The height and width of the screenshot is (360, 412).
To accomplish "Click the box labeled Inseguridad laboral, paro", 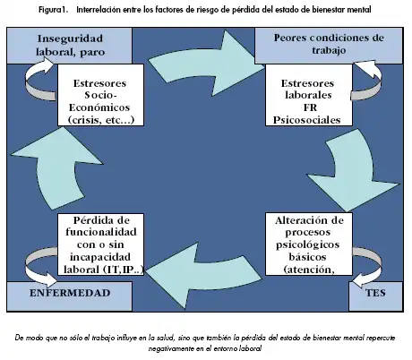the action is [x=69, y=46].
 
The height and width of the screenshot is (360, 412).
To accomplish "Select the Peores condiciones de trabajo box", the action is [x=329, y=46].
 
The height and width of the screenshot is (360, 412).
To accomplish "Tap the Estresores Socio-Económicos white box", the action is [x=100, y=95].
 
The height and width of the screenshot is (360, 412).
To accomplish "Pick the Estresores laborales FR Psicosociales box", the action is [x=309, y=95].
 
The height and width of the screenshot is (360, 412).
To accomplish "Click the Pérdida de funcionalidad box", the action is [x=100, y=244].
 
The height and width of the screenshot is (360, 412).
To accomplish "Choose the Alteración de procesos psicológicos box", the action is [x=309, y=244].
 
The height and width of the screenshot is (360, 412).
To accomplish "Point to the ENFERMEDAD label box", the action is [x=69, y=296].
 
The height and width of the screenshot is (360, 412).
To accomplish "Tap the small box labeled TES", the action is [x=375, y=296].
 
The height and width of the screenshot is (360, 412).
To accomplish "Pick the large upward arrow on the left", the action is [x=56, y=167].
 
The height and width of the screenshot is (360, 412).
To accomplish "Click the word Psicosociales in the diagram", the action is [x=307, y=120].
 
